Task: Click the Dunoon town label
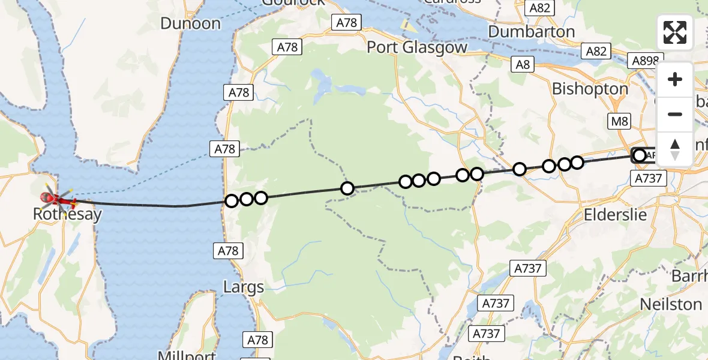coord(191,23)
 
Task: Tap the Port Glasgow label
coord(417,47)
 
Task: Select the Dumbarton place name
coord(532,31)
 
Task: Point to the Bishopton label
coord(590,89)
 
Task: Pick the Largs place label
coord(243,287)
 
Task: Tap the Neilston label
coord(671,304)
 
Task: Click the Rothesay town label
coord(67,214)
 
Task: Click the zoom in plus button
coord(675,79)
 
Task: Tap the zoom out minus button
coord(675,114)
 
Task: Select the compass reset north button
coord(675,149)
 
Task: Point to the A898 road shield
coord(646,61)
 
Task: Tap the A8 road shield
coord(523,64)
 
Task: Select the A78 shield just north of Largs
coord(227,251)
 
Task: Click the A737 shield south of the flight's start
coord(647,178)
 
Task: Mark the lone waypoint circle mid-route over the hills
coord(347,188)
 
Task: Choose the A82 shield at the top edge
coord(539,8)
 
